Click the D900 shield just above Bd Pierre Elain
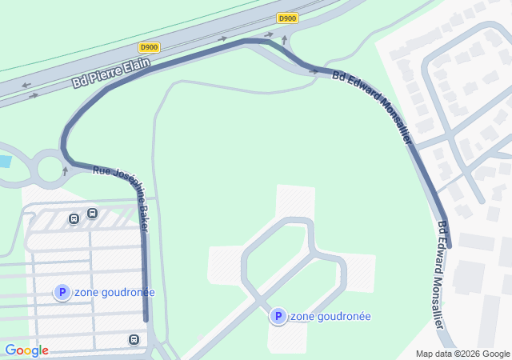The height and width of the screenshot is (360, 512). click(149, 47)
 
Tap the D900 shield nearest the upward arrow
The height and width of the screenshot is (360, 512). click(287, 18)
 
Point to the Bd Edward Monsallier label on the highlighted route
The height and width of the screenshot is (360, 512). click(372, 109)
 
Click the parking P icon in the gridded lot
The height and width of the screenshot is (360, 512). click(62, 293)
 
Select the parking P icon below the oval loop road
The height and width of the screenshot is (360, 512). click(278, 317)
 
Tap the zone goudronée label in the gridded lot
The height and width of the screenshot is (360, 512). click(114, 293)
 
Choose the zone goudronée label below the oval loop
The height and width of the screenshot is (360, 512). click(330, 317)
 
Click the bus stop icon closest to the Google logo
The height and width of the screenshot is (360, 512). click(133, 340)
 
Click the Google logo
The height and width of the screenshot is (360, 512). click(26, 350)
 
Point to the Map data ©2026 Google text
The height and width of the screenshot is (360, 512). click(462, 354)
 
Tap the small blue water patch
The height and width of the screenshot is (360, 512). click(4, 162)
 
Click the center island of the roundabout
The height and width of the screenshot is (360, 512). click(50, 169)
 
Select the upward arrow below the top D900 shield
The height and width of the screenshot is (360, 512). click(284, 38)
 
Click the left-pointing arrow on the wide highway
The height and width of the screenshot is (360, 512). click(26, 86)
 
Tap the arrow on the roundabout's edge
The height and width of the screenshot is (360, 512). click(66, 170)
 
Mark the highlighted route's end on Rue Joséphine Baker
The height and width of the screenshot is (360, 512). click(146, 319)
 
